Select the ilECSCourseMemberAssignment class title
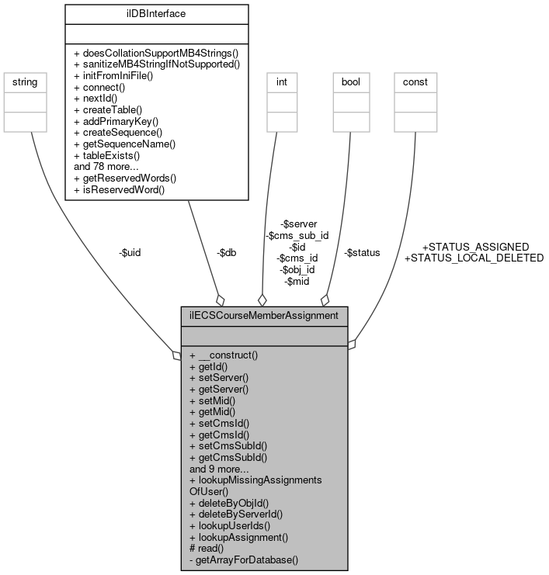[264, 316]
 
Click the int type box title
[281, 81]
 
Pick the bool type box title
[349, 81]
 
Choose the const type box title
[414, 81]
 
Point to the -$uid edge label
[130, 252]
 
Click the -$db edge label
[227, 252]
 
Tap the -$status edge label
[362, 252]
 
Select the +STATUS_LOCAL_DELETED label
[474, 258]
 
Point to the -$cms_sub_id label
[297, 235]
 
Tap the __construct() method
[224, 355]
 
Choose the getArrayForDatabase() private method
[244, 559]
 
